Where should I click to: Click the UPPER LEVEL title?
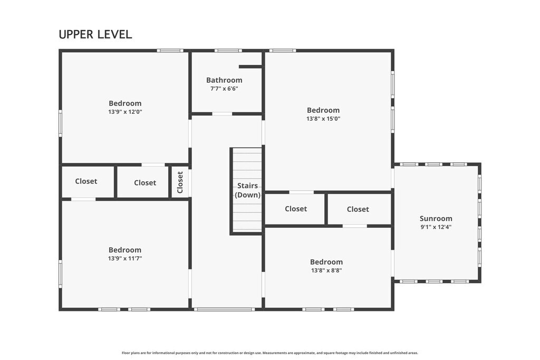click(x=95, y=34)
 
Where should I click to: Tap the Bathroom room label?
click(x=224, y=80)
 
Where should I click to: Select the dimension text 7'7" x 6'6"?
click(x=224, y=89)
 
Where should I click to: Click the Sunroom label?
click(x=436, y=219)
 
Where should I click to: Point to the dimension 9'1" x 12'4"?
click(x=436, y=227)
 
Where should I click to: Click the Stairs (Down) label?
click(x=248, y=190)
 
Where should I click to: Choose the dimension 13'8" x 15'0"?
click(x=323, y=119)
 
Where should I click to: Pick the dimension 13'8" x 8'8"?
click(x=326, y=270)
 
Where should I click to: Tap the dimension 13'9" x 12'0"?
click(x=125, y=112)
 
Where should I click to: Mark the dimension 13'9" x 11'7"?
click(x=125, y=258)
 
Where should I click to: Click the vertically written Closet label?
click(x=180, y=182)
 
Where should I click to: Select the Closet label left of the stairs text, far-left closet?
click(x=86, y=181)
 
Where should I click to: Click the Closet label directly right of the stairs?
click(x=296, y=209)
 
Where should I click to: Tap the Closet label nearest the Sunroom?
click(x=358, y=209)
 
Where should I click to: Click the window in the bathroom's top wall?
click(x=228, y=51)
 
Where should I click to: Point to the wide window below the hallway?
click(x=224, y=309)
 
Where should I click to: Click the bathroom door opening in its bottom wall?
click(x=222, y=114)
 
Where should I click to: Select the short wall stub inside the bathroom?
click(x=250, y=67)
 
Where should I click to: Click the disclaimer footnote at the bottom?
click(x=270, y=353)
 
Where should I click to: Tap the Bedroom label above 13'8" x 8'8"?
click(x=326, y=262)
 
